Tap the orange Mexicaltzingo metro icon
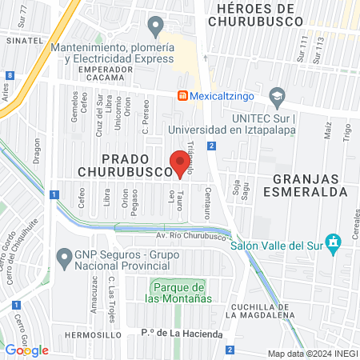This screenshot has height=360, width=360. click(x=182, y=95)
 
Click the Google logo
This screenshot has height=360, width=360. click(x=26, y=350)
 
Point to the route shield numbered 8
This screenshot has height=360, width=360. click(x=8, y=75)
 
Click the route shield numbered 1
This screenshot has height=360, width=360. click(x=53, y=194)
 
